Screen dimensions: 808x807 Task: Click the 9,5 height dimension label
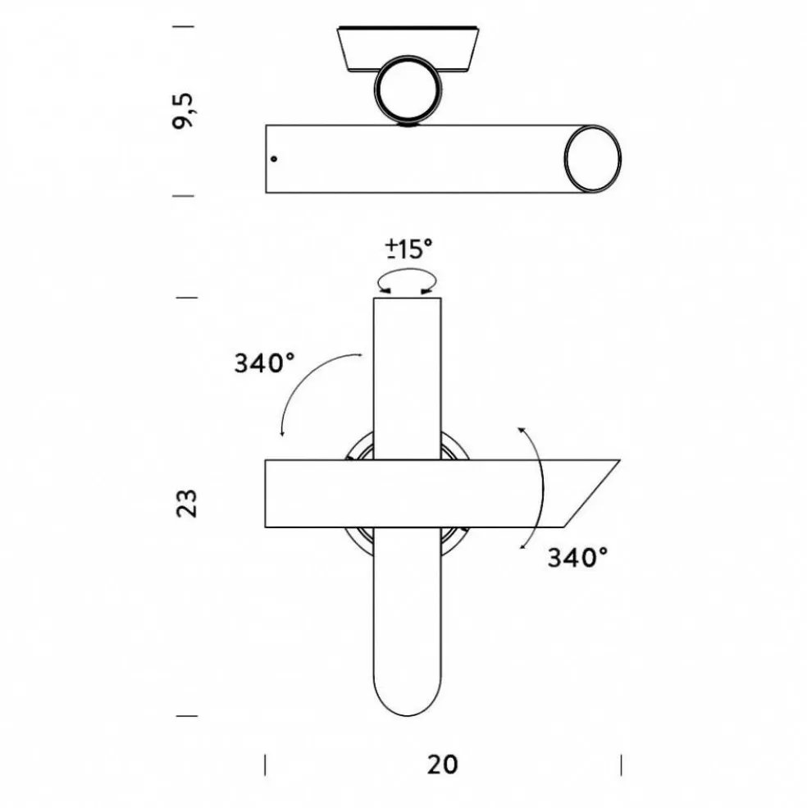186,110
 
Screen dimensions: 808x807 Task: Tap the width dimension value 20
442,764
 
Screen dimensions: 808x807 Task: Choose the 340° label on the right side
577,558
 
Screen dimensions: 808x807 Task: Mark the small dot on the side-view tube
275,158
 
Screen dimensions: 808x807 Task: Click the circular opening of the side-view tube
591,159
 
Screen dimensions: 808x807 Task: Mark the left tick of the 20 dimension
265,764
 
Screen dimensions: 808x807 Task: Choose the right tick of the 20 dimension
621,764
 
